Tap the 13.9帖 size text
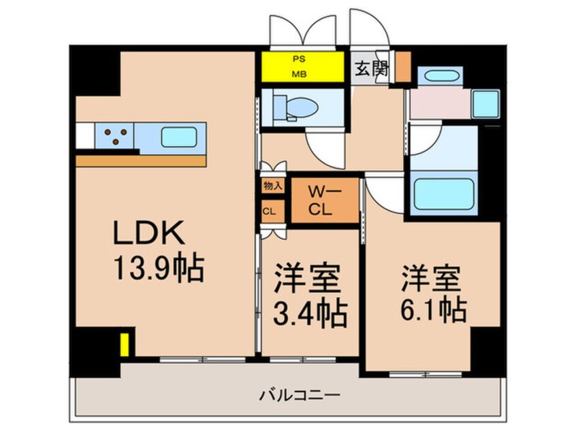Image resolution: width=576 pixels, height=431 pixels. [x=158, y=270]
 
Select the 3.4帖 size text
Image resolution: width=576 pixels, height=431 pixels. [x=310, y=314]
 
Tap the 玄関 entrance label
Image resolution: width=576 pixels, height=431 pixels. [x=370, y=69]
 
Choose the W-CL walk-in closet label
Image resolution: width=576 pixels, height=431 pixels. [x=324, y=201]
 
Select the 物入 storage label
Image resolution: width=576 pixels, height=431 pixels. [x=269, y=184]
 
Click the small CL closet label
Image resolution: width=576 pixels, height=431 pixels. [x=269, y=211]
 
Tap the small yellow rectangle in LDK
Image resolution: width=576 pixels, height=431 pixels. [x=125, y=344]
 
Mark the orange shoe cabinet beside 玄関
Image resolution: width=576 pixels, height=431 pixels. [x=402, y=66]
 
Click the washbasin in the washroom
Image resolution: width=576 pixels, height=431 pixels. [x=485, y=103]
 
